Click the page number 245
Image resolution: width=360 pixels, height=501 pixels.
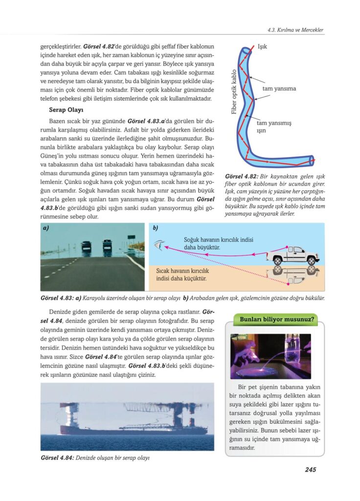310,470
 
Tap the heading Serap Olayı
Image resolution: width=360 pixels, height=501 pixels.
66,110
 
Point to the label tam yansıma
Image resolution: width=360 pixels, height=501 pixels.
279,89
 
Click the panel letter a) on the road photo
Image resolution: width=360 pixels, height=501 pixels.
47,228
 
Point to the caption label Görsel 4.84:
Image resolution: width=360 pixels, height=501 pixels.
57,458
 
